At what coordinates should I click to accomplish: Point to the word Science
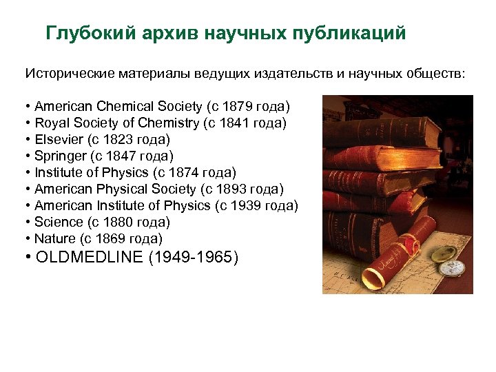tap(58, 223)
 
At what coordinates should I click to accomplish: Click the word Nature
tap(54, 239)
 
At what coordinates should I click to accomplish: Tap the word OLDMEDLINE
tap(87, 258)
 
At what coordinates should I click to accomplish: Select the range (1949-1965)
tap(193, 258)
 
